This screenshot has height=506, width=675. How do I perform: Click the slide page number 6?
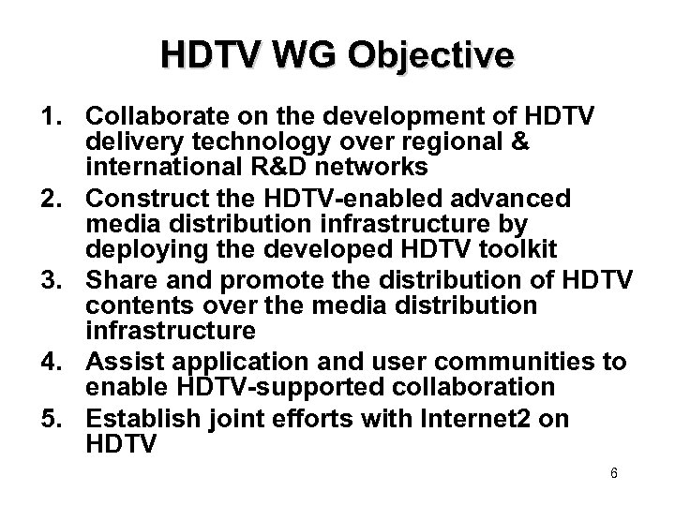coord(613,473)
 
